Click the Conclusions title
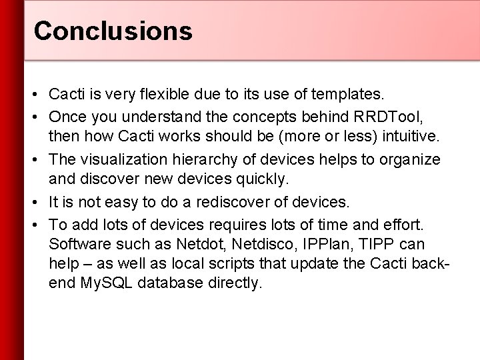113,30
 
